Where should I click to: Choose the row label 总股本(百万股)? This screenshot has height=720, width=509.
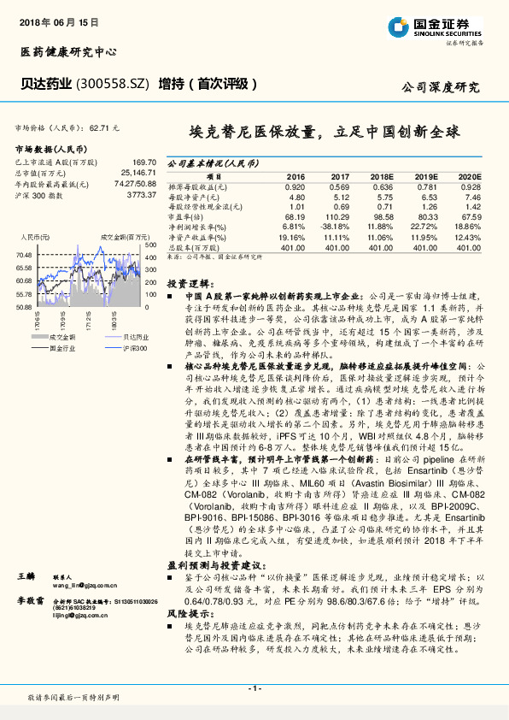click(x=196, y=247)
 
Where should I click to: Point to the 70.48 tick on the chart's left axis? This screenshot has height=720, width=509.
click(x=23, y=255)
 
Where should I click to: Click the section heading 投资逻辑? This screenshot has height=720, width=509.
click(x=187, y=282)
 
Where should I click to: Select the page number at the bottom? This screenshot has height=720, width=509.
click(x=254, y=688)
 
